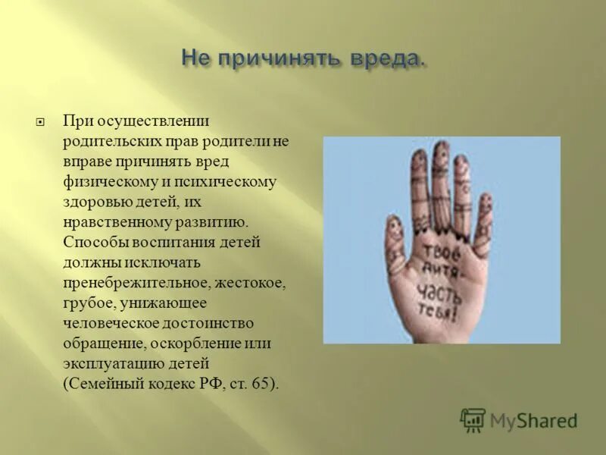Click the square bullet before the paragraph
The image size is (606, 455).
[42, 122]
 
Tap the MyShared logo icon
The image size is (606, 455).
[473, 419]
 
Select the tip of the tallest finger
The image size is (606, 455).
[440, 146]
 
